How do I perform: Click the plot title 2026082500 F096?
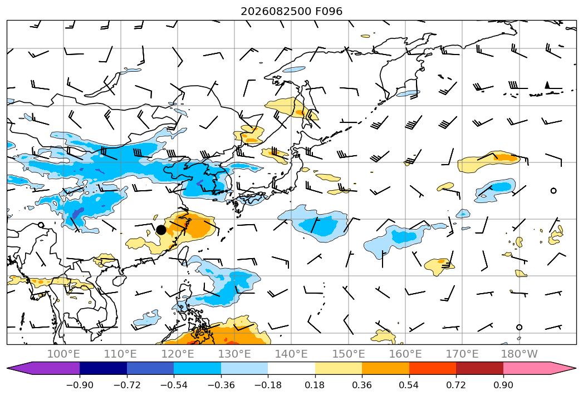click(292, 11)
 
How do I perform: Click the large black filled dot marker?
click(161, 230)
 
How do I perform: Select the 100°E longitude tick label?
click(63, 354)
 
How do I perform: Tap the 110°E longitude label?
click(120, 354)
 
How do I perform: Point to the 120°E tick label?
click(178, 354)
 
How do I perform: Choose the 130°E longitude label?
click(234, 354)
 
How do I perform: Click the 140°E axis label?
click(291, 354)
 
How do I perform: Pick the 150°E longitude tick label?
click(349, 354)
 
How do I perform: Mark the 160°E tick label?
click(405, 354)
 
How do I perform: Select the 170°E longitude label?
click(462, 354)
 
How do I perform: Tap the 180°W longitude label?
click(520, 354)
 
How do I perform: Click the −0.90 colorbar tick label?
click(80, 385)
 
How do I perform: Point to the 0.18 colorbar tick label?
click(315, 385)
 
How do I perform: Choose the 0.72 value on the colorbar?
click(456, 385)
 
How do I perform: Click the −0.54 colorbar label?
click(174, 385)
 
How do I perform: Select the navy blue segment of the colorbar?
click(104, 368)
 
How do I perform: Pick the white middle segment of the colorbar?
click(292, 368)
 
